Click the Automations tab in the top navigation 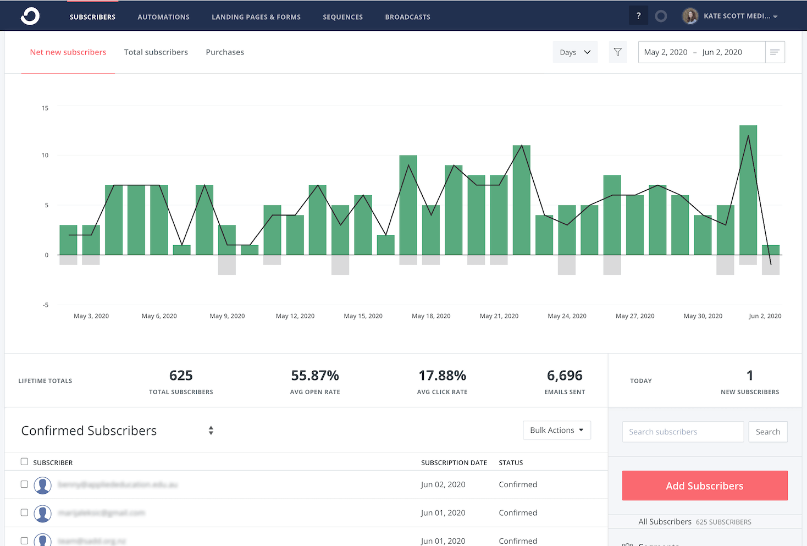[163, 17]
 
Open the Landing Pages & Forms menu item [256, 17]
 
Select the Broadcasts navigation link [407, 17]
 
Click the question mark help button [638, 16]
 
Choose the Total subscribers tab [156, 52]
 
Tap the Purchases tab [225, 52]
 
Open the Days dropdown [575, 52]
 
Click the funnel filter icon [618, 52]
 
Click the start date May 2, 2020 [666, 52]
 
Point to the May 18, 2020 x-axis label [431, 316]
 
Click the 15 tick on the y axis [45, 108]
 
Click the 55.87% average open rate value [315, 376]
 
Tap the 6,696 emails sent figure [565, 376]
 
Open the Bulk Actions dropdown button [557, 431]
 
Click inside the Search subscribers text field [683, 432]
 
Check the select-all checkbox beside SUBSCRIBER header [24, 462]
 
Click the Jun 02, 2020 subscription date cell [443, 484]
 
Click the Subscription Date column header [454, 462]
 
